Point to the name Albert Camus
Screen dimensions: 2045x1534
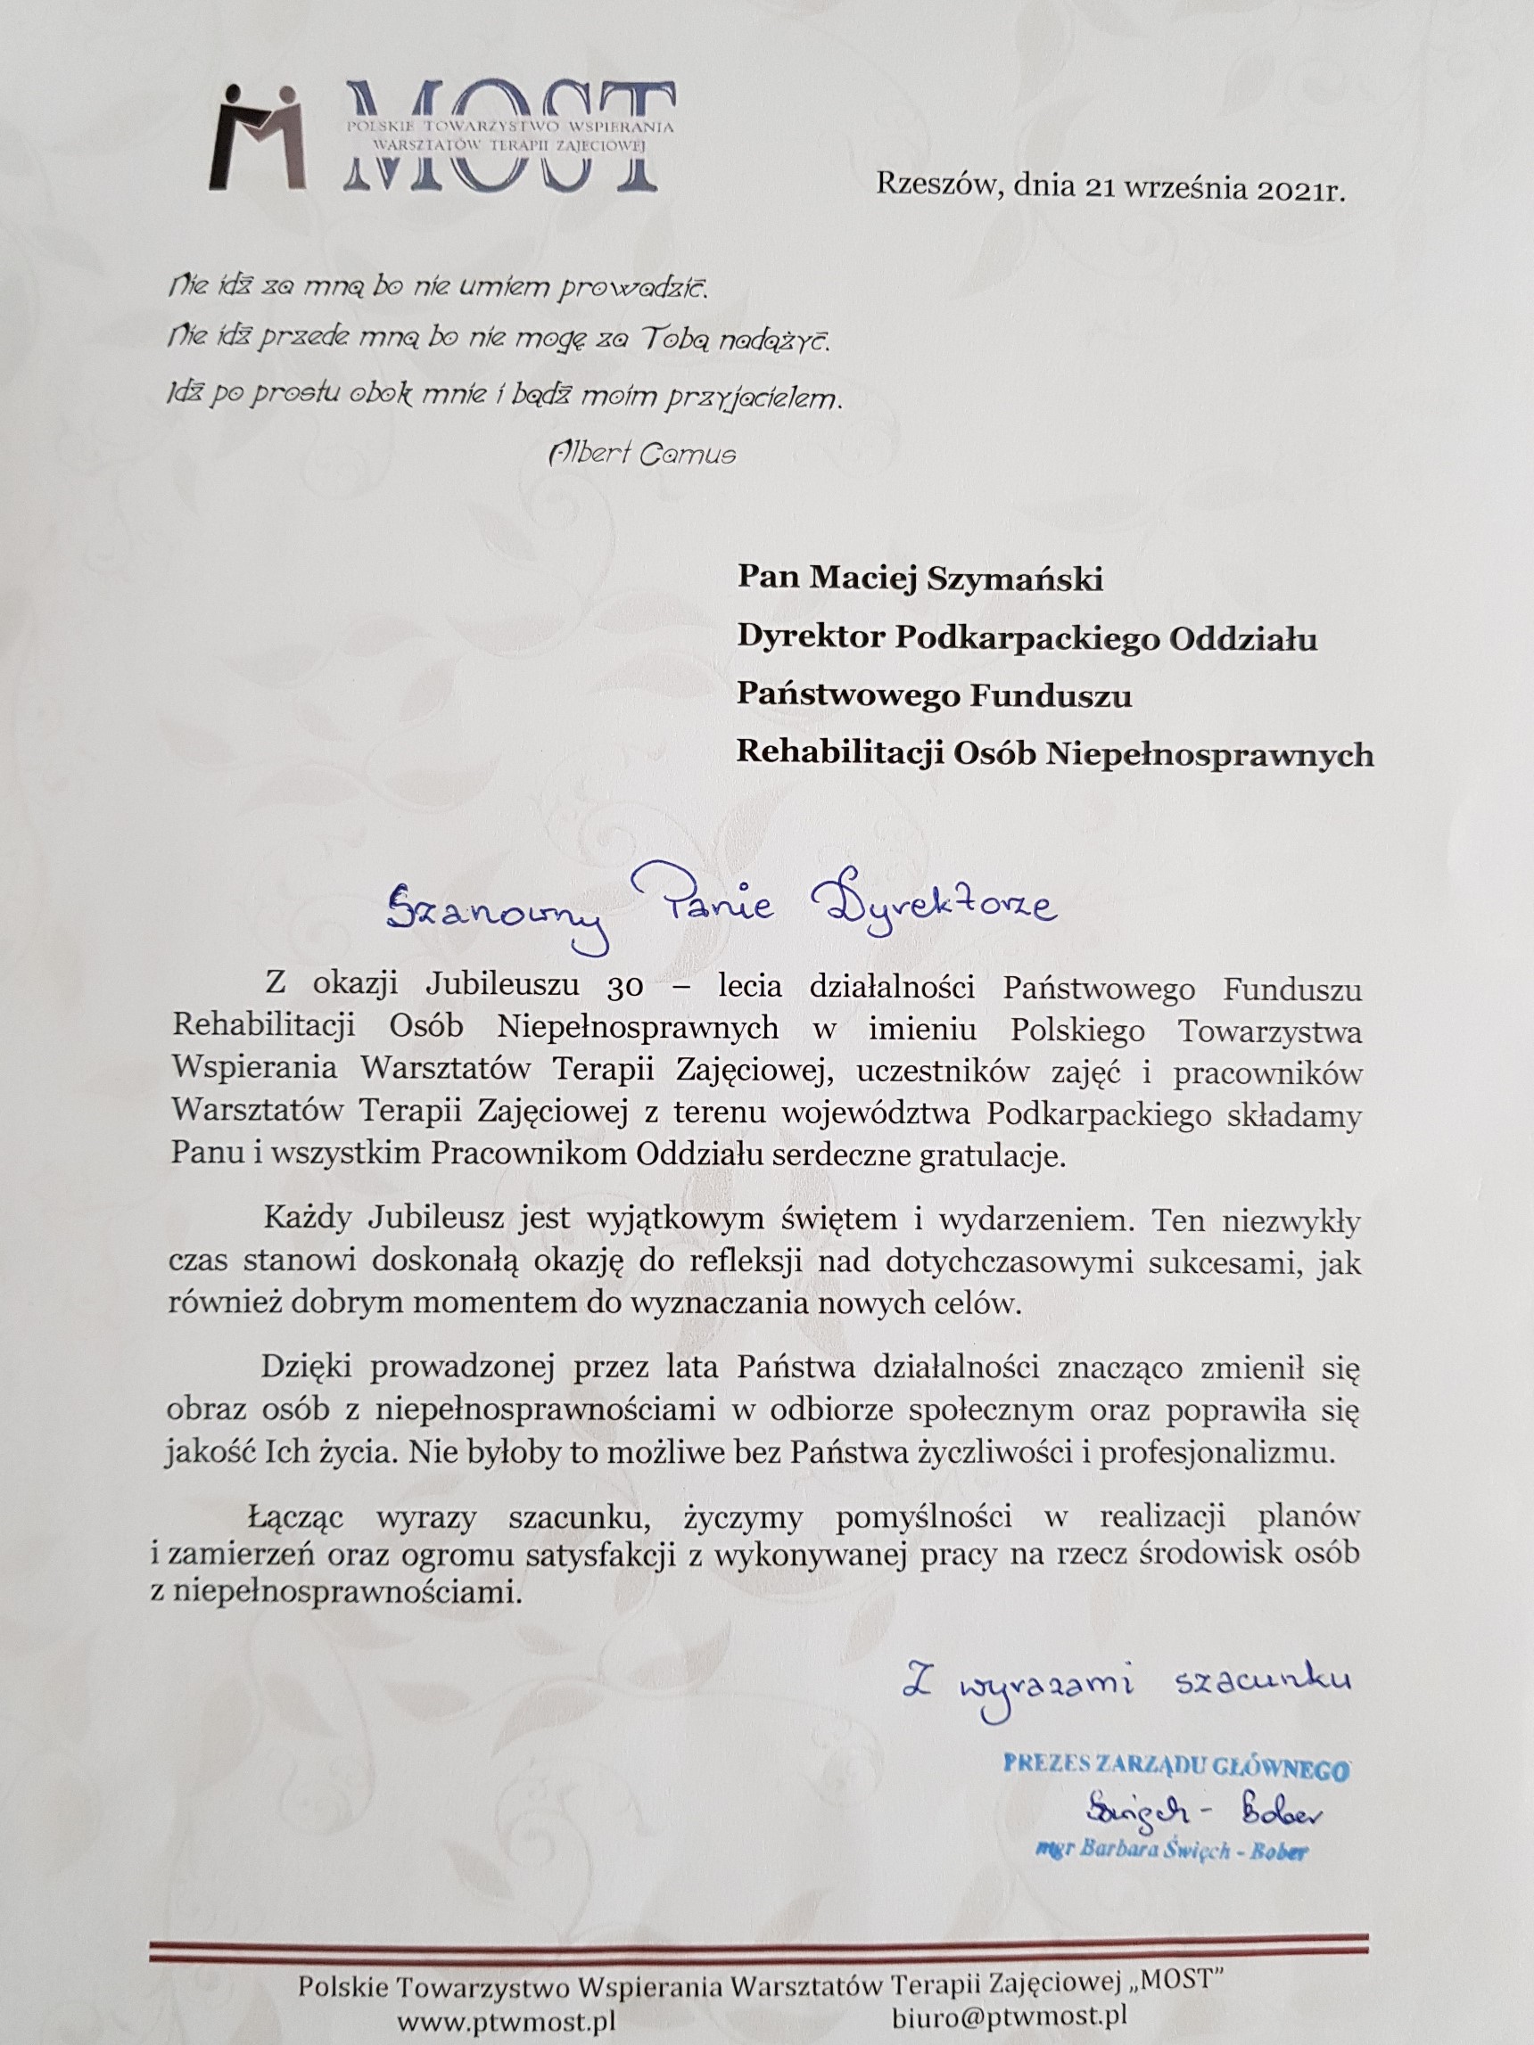coord(643,454)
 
